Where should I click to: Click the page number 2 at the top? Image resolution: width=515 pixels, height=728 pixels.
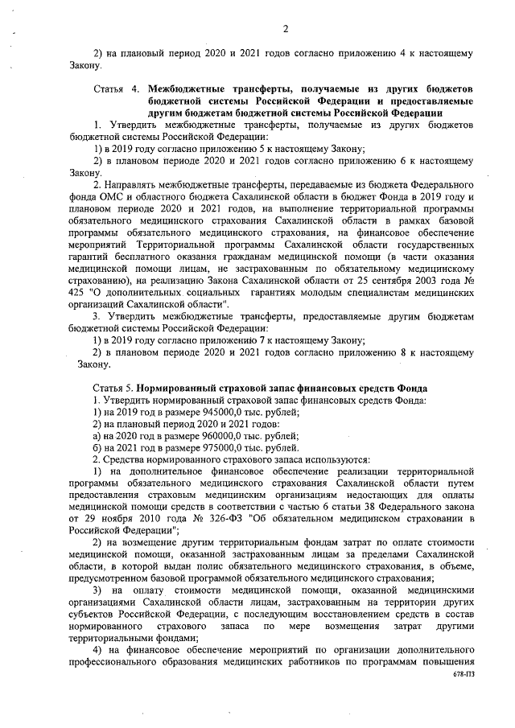[285, 30]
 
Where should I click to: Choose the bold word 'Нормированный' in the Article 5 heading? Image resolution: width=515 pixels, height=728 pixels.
[179, 389]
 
